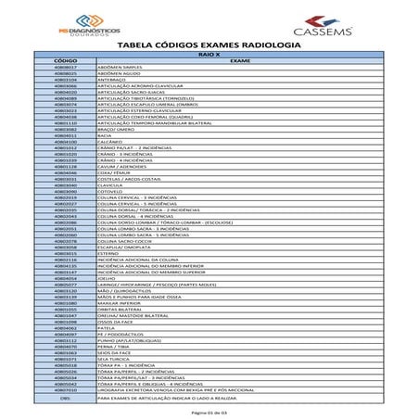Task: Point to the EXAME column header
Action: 240,61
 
